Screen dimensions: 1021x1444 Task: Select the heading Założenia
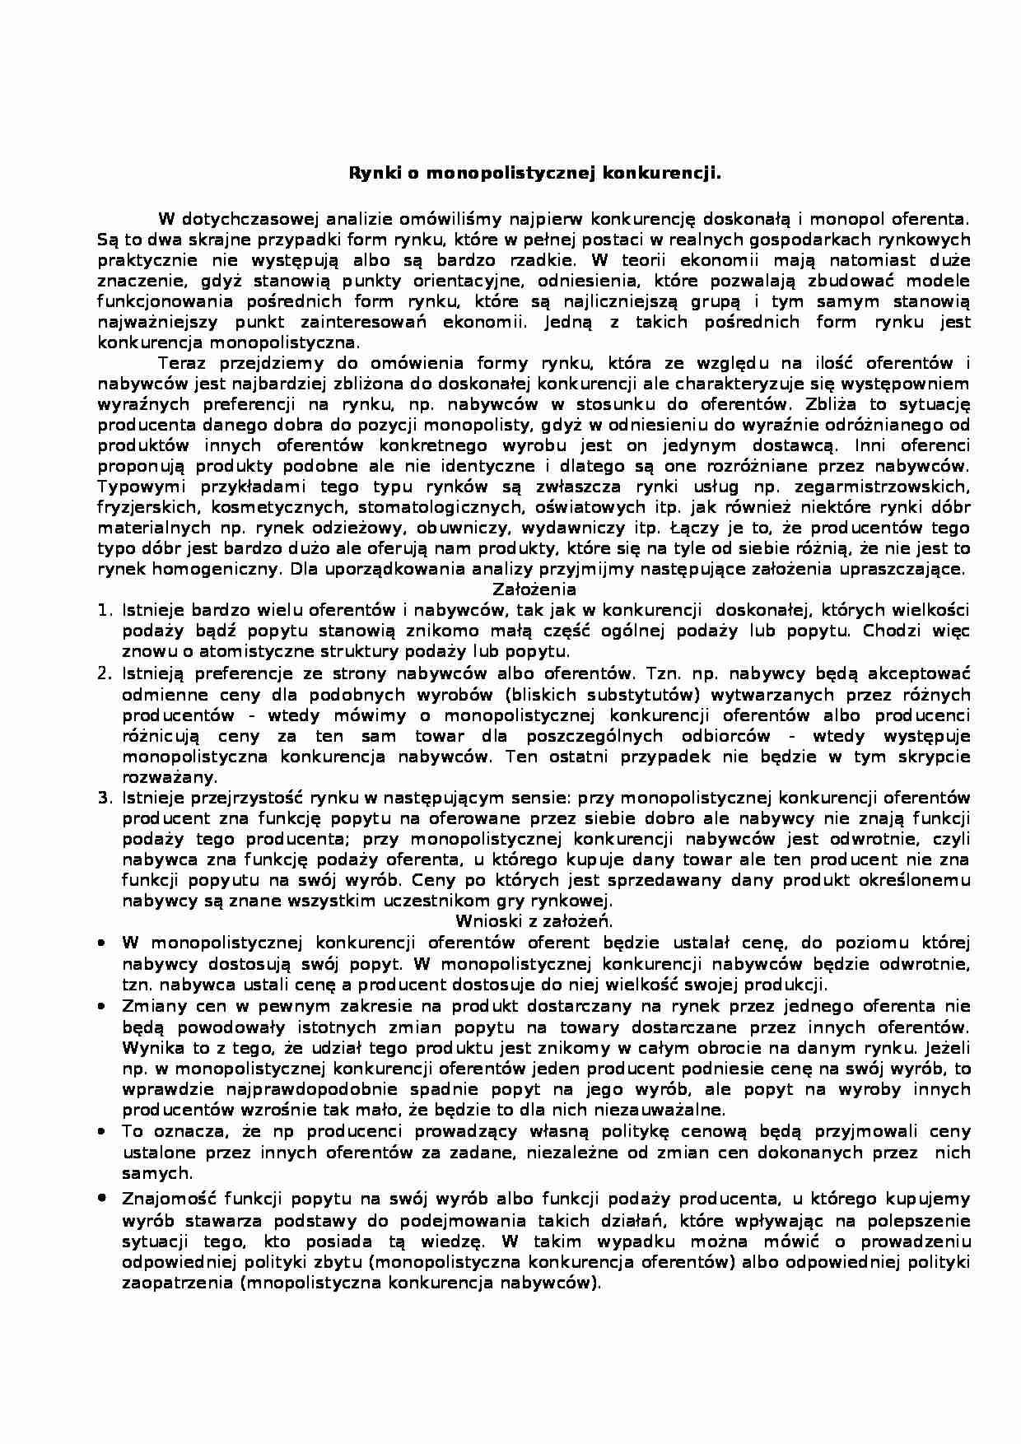[x=534, y=589]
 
